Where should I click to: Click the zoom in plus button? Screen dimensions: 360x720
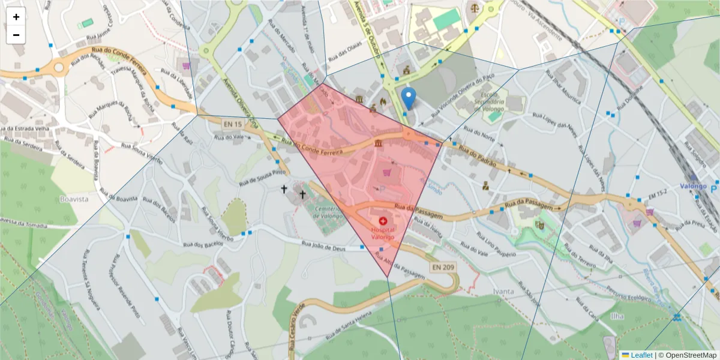pyautogui.click(x=16, y=17)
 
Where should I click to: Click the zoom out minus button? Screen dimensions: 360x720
pyautogui.click(x=16, y=35)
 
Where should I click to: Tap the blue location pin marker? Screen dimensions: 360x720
pyautogui.click(x=409, y=98)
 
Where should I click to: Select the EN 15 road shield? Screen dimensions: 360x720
pyautogui.click(x=232, y=124)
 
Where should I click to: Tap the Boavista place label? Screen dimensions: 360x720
pyautogui.click(x=74, y=199)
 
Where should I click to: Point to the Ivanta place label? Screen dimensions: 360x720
pyautogui.click(x=503, y=292)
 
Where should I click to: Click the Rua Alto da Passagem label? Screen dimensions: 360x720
pyautogui.click(x=399, y=265)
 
